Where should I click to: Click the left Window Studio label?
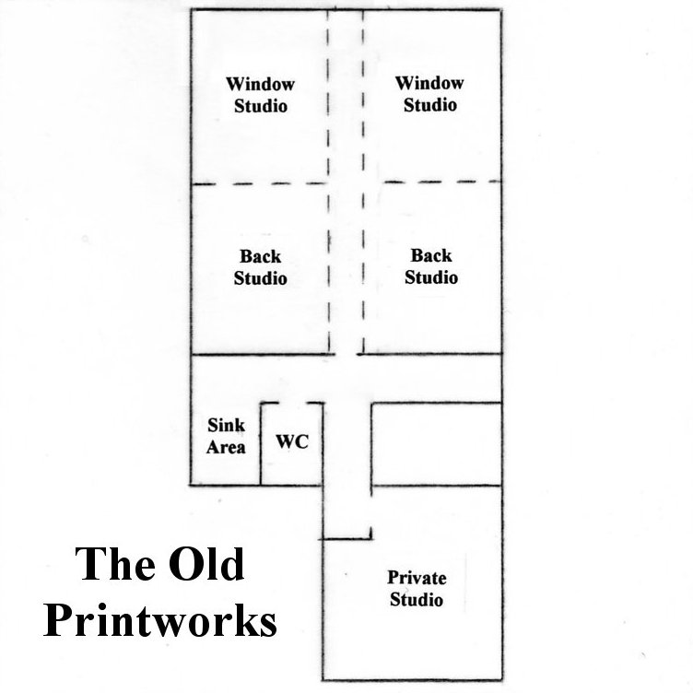260,94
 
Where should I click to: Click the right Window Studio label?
429,94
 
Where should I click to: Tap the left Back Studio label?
260,267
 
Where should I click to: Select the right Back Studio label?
431,266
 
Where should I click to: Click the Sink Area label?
226,436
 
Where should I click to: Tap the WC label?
292,440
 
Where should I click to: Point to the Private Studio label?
417,589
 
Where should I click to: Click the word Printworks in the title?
160,620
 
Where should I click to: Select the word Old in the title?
202,564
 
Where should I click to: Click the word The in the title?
110,564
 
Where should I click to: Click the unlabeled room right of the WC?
436,443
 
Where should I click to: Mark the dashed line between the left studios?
260,184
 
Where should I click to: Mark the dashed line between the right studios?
433,182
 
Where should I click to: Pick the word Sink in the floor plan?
226,426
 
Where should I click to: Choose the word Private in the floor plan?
417,578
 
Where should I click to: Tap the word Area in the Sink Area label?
226,447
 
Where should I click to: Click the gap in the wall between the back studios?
346,352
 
